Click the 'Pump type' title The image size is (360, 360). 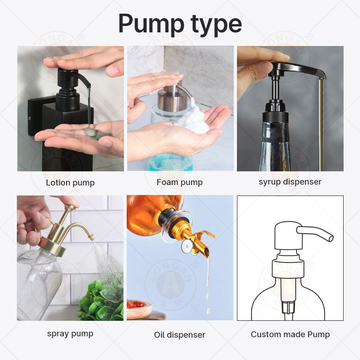click(180, 24)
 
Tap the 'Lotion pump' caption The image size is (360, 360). click(70, 183)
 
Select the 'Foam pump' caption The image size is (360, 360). click(180, 182)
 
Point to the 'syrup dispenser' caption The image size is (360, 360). click(290, 182)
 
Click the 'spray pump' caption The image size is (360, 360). click(70, 334)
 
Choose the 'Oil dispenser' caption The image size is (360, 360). click(180, 335)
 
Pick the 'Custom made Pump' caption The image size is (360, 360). click(290, 334)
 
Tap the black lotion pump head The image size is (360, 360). click(68, 77)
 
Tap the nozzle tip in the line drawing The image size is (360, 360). click(330, 237)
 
